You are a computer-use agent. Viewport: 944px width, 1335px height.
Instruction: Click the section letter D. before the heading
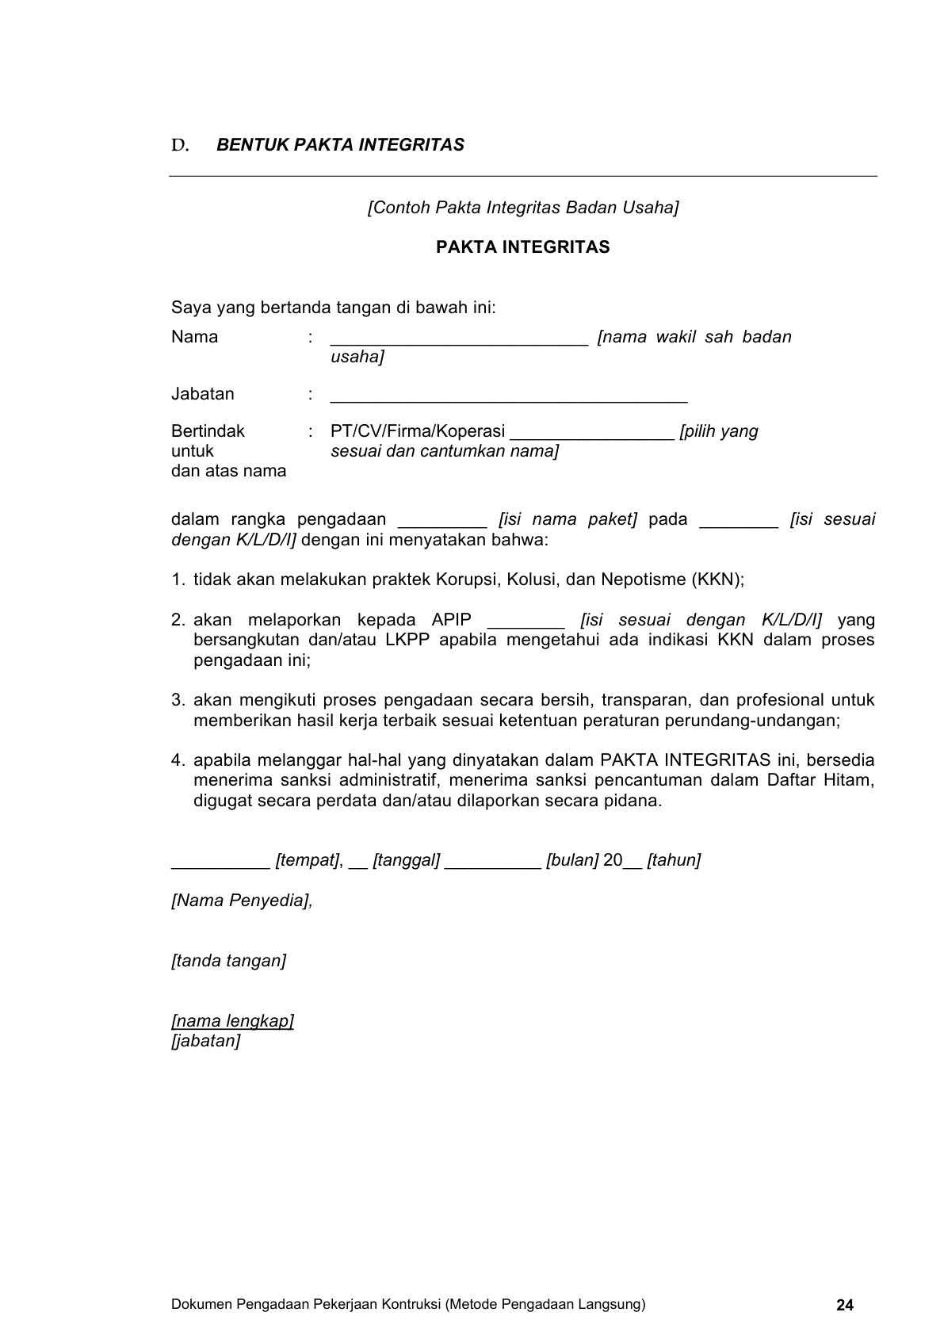coord(180,145)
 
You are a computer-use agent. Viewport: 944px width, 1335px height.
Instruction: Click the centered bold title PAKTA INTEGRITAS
coord(522,247)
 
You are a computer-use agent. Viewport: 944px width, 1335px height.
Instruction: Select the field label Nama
coord(194,337)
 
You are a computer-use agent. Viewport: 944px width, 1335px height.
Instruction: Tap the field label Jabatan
coord(203,394)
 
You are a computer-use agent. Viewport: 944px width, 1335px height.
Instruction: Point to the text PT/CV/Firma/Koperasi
coord(418,431)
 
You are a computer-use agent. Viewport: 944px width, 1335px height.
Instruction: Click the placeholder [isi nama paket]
coord(568,520)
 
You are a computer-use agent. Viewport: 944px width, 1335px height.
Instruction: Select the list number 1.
coord(178,580)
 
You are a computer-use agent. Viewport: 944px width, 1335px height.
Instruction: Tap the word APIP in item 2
coord(452,620)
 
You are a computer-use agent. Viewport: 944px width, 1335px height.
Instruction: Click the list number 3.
coord(178,700)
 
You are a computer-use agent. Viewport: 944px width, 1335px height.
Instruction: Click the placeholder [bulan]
coord(571,860)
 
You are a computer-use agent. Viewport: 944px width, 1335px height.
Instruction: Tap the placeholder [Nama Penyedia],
coord(242,901)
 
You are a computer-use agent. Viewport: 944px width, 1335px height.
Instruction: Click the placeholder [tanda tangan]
coord(228,961)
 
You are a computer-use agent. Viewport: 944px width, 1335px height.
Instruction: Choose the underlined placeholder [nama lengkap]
coord(232,1021)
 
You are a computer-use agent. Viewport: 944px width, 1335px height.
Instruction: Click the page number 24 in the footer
coord(845,1305)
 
